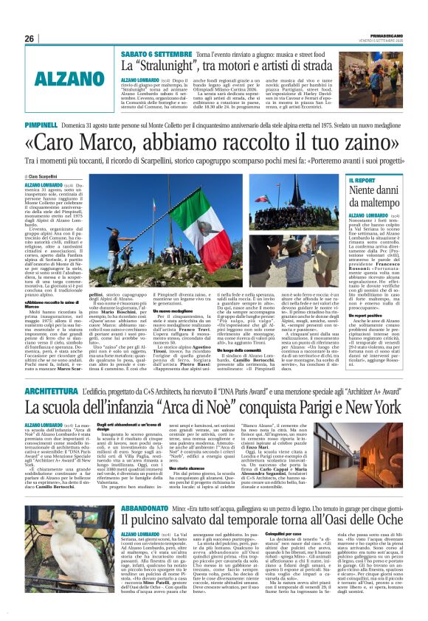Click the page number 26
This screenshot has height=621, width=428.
29,38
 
